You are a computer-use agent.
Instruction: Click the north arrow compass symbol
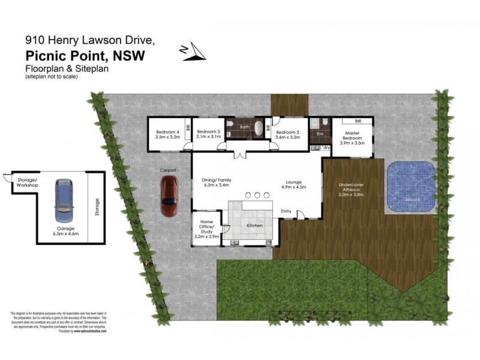point(194,53)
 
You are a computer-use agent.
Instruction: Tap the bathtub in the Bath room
point(259,128)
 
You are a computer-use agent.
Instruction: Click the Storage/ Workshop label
point(27,183)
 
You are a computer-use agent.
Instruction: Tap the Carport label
point(168,170)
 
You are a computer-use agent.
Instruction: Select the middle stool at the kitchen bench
point(257,194)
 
